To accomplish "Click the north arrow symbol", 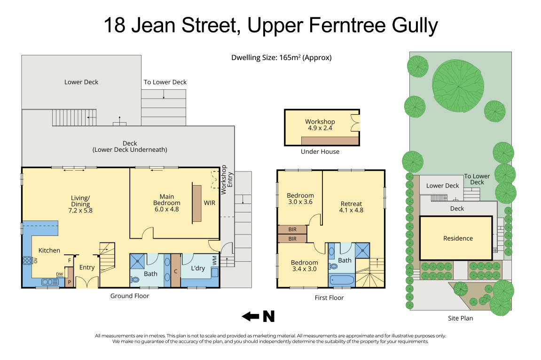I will pyautogui.click(x=258, y=317).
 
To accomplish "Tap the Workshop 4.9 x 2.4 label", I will pyautogui.click(x=320, y=125).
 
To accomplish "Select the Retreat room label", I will pyautogui.click(x=351, y=207).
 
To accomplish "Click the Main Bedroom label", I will pyautogui.click(x=167, y=200).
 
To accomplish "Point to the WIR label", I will pyautogui.click(x=209, y=203).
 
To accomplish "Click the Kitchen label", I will pyautogui.click(x=49, y=250).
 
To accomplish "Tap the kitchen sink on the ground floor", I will pyautogui.click(x=49, y=282).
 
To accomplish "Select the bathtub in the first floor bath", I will pyautogui.click(x=342, y=281).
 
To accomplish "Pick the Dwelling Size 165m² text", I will pyautogui.click(x=281, y=58).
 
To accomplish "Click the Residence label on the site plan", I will pyautogui.click(x=458, y=238).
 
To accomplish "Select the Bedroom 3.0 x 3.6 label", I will pyautogui.click(x=300, y=199).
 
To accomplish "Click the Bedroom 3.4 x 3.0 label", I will pyautogui.click(x=304, y=266).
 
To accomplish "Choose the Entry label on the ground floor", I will pyautogui.click(x=87, y=267).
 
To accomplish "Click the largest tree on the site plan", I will pyautogui.click(x=458, y=83).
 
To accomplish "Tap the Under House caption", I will pyautogui.click(x=320, y=152).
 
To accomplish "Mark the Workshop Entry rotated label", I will pyautogui.click(x=227, y=179).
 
